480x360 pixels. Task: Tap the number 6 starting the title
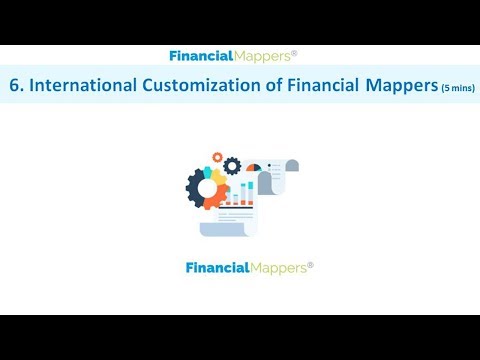[x=14, y=86]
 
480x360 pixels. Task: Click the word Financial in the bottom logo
[x=219, y=268]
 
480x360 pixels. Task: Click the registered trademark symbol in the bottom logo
[x=310, y=264]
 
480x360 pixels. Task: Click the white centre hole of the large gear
[x=208, y=187]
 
